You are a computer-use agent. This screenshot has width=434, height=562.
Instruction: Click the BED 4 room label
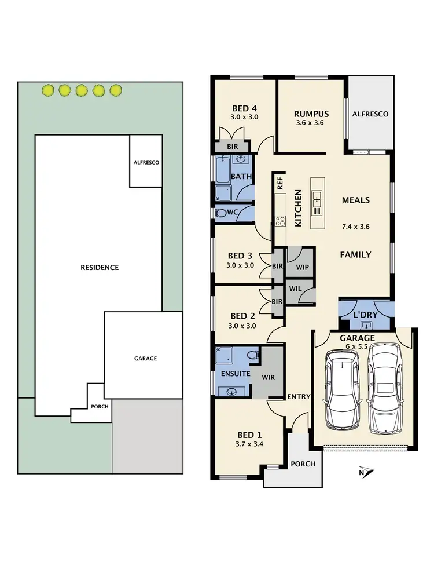pos(245,108)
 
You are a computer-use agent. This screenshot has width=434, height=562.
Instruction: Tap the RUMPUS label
pos(311,114)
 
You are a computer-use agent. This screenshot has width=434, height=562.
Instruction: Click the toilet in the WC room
pos(220,213)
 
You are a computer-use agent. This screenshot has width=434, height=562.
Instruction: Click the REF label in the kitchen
pos(280,184)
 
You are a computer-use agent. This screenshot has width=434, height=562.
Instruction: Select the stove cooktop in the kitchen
pos(279,220)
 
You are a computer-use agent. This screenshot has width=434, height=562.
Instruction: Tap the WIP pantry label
pos(301,268)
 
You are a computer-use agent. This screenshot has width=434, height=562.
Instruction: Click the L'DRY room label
pos(366,314)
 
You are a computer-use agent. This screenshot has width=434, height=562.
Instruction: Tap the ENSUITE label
pos(235,374)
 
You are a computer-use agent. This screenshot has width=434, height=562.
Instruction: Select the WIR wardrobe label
pos(268,377)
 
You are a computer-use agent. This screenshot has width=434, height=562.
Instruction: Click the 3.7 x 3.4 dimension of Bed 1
pos(249,445)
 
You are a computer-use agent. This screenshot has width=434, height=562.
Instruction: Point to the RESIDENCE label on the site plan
pos(100,268)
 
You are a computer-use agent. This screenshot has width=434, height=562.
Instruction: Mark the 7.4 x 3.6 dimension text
pos(355,227)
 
